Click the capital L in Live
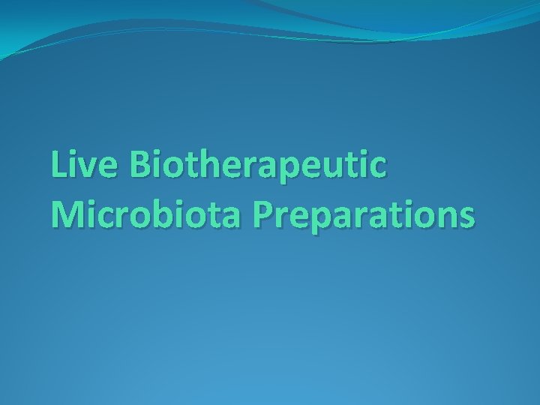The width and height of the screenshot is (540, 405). pos(58,165)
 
